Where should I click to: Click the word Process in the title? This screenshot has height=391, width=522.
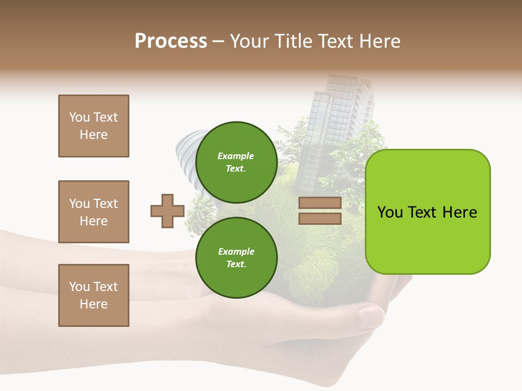click(x=171, y=41)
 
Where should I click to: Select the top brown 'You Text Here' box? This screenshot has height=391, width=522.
click(x=94, y=126)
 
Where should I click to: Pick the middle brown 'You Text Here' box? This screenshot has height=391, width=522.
click(x=94, y=212)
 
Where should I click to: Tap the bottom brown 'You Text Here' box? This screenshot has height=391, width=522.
click(x=94, y=295)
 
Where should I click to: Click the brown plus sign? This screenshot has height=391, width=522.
click(x=167, y=211)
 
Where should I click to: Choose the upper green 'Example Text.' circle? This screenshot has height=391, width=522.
click(x=236, y=162)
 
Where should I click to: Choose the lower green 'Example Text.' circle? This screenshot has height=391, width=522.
click(x=236, y=257)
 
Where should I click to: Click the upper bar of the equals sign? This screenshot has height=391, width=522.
click(x=320, y=203)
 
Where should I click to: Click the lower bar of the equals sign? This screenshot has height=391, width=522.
click(x=320, y=218)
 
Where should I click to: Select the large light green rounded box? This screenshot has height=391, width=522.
click(x=427, y=212)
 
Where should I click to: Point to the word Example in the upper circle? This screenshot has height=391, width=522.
click(x=235, y=156)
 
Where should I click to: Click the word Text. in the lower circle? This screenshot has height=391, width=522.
click(x=236, y=264)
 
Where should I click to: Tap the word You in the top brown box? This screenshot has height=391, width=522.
click(x=79, y=117)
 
